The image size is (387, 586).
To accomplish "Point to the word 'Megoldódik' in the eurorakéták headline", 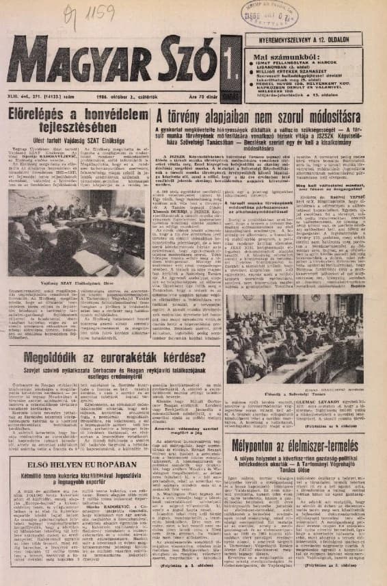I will (55, 357).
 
